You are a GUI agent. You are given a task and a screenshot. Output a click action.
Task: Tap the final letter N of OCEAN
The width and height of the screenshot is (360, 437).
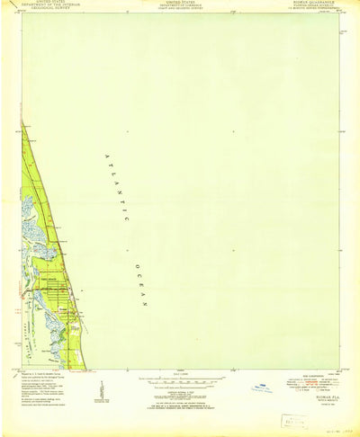coord(145,305)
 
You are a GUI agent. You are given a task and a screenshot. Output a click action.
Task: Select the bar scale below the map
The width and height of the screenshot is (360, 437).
coord(180,375)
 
